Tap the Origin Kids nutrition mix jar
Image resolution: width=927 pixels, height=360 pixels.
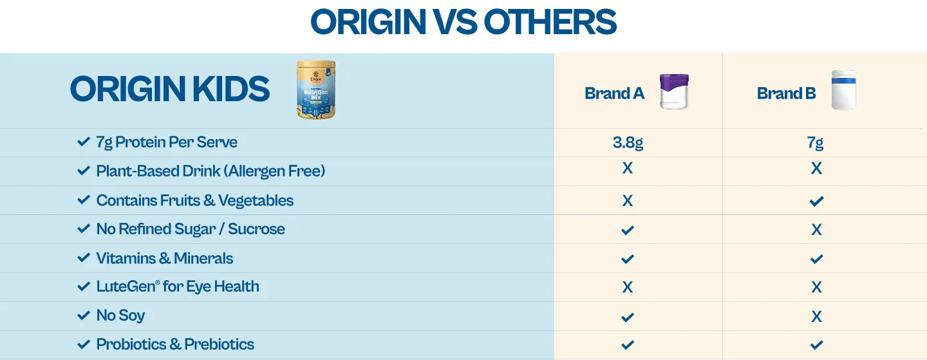pyautogui.click(x=316, y=90)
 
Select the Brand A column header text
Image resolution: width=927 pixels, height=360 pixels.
pyautogui.click(x=615, y=93)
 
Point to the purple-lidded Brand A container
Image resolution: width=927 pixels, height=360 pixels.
pyautogui.click(x=674, y=91)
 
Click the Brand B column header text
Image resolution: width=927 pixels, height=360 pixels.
pyautogui.click(x=786, y=93)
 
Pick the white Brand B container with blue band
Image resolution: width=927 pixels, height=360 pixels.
pyautogui.click(x=844, y=90)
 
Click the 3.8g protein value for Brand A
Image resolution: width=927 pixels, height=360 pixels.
pyautogui.click(x=628, y=143)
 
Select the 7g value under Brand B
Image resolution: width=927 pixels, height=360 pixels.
pyautogui.click(x=815, y=143)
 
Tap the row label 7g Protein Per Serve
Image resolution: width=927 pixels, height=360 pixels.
pyautogui.click(x=167, y=142)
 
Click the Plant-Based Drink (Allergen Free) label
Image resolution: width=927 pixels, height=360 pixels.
pyautogui.click(x=211, y=171)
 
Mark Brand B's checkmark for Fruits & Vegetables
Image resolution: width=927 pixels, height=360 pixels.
pyautogui.click(x=816, y=202)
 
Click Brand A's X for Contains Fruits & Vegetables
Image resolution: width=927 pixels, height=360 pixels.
pyautogui.click(x=628, y=201)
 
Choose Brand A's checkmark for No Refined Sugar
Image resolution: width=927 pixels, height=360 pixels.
pyautogui.click(x=628, y=230)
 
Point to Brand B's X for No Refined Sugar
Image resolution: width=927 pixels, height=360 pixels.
pyautogui.click(x=816, y=230)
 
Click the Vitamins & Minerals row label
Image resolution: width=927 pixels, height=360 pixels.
pyautogui.click(x=165, y=258)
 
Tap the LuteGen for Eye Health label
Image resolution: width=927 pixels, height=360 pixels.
pyautogui.click(x=178, y=287)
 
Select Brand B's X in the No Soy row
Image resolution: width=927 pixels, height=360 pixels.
pyautogui.click(x=816, y=317)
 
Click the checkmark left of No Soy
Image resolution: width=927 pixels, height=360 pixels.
pyautogui.click(x=84, y=316)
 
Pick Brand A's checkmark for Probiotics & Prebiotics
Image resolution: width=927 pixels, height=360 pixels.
pyautogui.click(x=628, y=345)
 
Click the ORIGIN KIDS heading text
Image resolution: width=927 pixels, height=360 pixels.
pyautogui.click(x=170, y=89)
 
